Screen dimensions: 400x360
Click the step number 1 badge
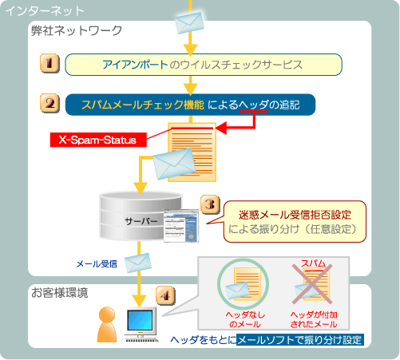pos(50,63)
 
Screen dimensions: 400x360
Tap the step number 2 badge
pos(50,103)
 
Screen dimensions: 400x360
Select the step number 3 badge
pos(210,204)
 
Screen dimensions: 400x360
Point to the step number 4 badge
pos(165,295)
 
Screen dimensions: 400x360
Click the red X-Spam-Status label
pos(98,140)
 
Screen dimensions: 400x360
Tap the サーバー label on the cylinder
pos(141,221)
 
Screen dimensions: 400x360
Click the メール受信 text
pos(97,264)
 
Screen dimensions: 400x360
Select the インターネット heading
pos(45,11)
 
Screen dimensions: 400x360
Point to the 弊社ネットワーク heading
pos(77,30)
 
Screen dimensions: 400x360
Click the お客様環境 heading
pos(60,293)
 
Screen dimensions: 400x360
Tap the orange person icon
pos(107,324)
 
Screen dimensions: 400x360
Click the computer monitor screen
pos(140,320)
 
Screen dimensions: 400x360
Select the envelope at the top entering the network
pos(189,22)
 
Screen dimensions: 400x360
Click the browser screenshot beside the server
pos(181,226)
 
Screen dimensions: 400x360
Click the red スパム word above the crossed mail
pos(313,263)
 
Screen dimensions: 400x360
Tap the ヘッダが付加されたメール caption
pos(314,319)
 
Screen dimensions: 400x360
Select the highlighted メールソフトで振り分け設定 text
pos(299,340)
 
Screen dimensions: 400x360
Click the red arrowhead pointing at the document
pos(221,129)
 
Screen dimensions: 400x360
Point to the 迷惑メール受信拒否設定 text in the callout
pos(295,215)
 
